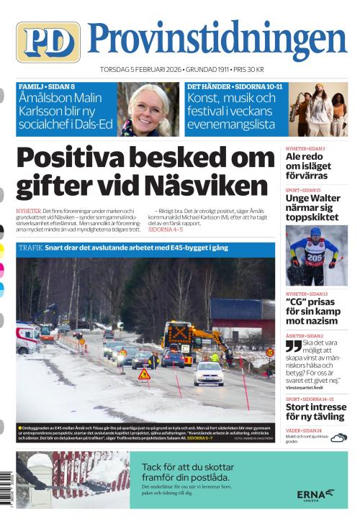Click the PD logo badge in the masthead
48,41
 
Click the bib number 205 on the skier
314,257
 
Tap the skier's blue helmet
315,232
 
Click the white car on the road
207,373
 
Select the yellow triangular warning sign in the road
144,374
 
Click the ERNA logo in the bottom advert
315,494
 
